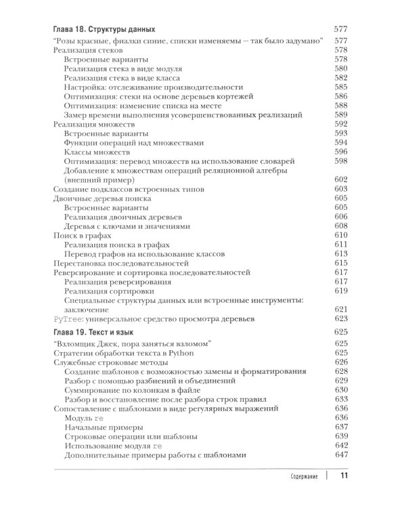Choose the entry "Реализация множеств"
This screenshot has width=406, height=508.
point(94,124)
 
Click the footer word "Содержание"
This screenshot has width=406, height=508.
point(298,477)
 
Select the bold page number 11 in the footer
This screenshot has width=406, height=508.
point(343,476)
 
